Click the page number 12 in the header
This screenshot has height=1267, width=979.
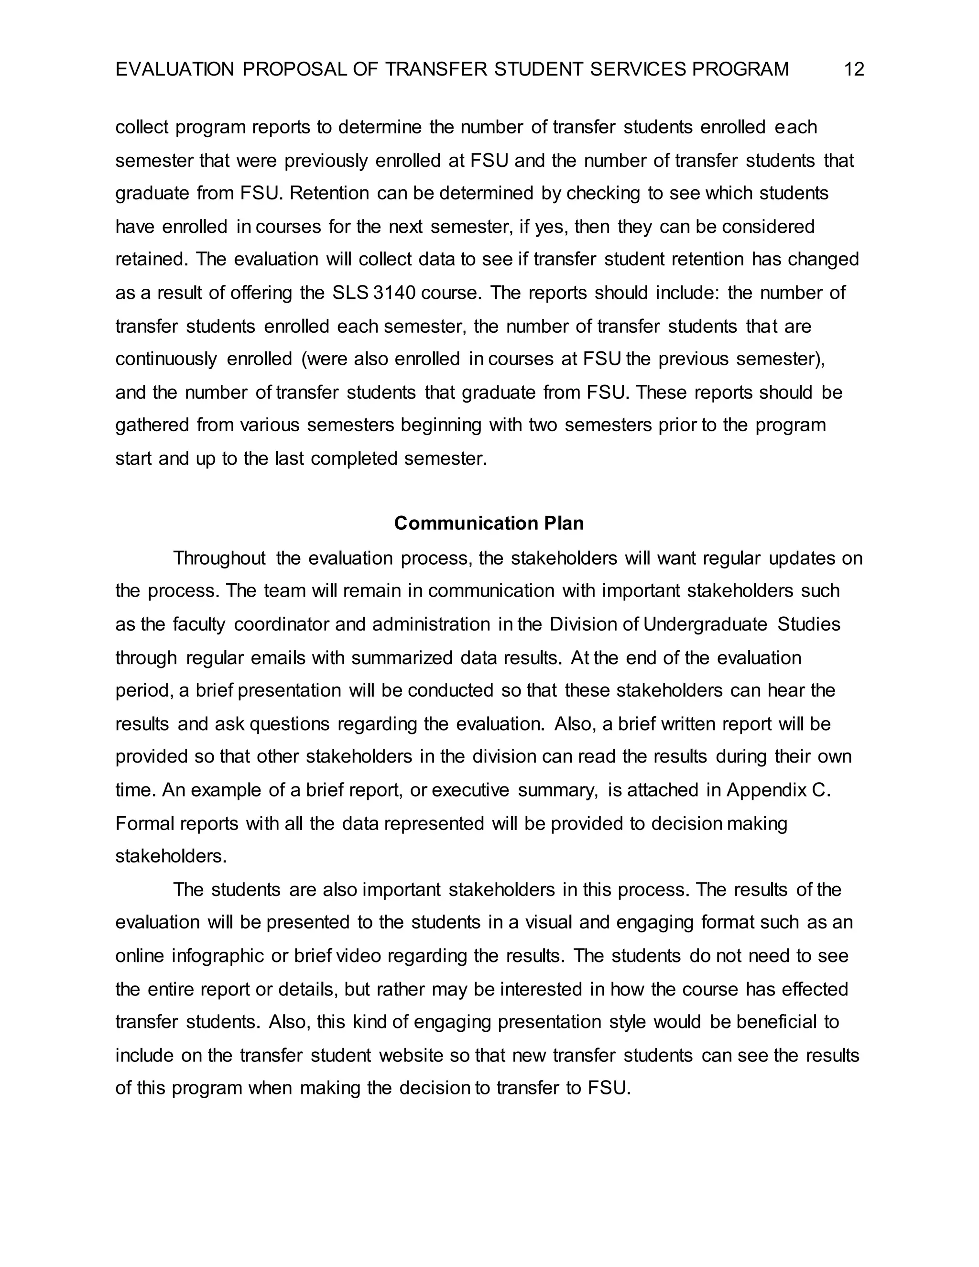pos(854,70)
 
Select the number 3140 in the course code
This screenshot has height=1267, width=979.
pos(394,293)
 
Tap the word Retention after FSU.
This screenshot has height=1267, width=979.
pos(329,193)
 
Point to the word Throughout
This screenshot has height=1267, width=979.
pos(219,558)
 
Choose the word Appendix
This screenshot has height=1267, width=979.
pos(764,790)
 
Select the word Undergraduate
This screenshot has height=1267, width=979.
pos(705,624)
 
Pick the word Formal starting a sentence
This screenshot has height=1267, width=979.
pos(144,823)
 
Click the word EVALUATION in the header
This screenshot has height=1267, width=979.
pos(174,70)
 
